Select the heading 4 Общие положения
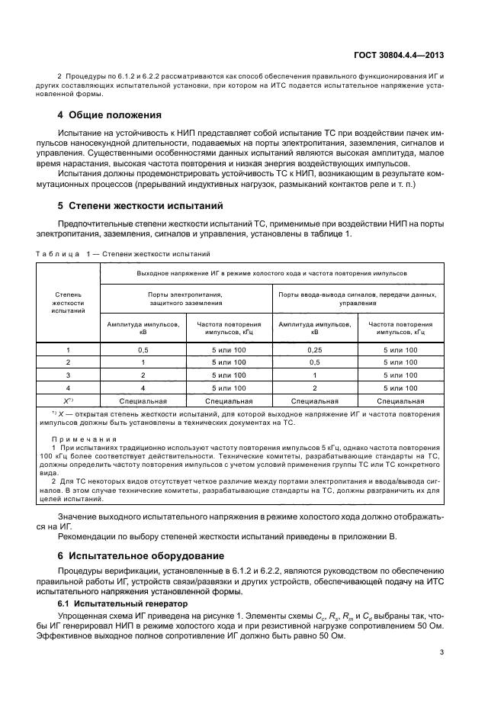(x=110, y=115)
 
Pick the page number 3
(x=441, y=652)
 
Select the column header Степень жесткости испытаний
(x=69, y=301)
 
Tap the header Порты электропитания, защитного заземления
(x=185, y=298)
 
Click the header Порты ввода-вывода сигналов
(x=357, y=298)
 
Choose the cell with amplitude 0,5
(x=143, y=349)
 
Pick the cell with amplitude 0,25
(x=314, y=349)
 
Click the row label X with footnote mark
(x=68, y=400)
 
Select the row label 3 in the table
(x=68, y=375)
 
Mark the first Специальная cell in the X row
(x=143, y=400)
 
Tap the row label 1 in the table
(x=68, y=349)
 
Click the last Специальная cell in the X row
(x=400, y=400)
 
